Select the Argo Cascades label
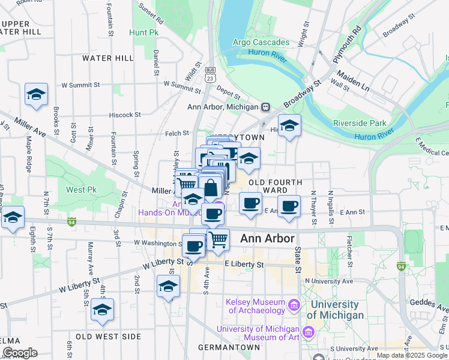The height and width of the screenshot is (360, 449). click(262, 43)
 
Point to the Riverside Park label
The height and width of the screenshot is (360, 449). click(360, 123)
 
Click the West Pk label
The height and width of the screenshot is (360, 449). click(78, 190)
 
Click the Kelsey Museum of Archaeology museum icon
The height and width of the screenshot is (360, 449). click(294, 305)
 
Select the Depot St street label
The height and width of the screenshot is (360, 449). click(228, 94)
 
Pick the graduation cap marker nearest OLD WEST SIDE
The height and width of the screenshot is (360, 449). click(102, 310)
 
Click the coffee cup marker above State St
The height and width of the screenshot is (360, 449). click(289, 206)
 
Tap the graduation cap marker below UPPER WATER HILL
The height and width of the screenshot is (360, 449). click(36, 95)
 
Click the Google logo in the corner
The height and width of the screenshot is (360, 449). click(20, 353)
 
